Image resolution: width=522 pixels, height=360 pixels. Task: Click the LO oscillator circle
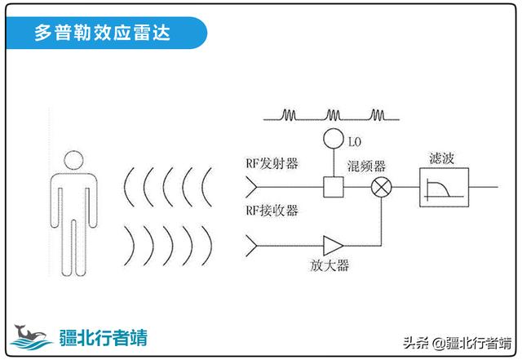(x=331, y=138)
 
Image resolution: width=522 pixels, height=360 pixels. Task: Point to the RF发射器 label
(x=272, y=163)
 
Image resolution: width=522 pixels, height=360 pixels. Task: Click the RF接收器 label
(x=272, y=211)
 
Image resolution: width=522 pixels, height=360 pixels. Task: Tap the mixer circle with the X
(x=380, y=188)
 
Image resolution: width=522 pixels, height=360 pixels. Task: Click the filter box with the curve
(x=442, y=189)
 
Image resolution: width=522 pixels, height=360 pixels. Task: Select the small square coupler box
(x=331, y=188)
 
